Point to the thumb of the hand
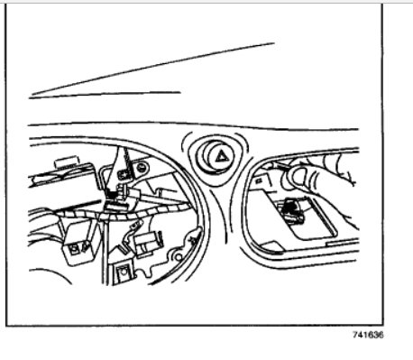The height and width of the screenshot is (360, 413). [301, 177]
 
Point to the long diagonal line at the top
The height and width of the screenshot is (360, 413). [153, 68]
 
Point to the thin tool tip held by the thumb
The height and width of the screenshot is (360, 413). [279, 166]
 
